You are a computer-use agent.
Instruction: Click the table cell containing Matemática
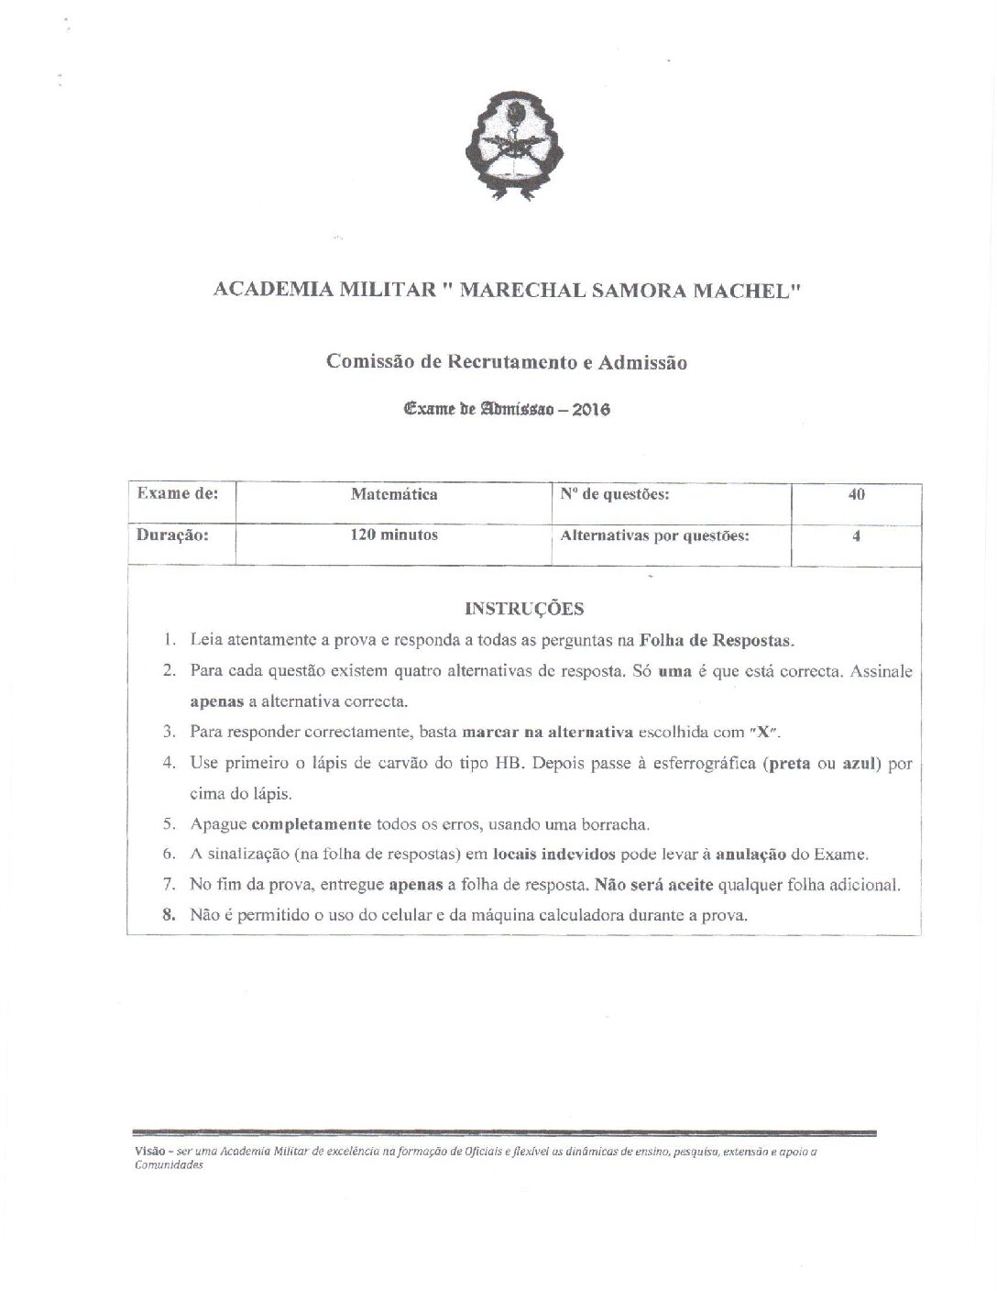[394, 494]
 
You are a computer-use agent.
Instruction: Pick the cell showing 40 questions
[856, 494]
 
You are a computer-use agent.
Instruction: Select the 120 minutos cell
[394, 535]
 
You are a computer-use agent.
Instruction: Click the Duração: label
[173, 535]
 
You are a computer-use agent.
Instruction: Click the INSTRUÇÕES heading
[524, 608]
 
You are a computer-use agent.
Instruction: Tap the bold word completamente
[311, 823]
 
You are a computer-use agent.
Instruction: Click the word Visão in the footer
[147, 1153]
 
